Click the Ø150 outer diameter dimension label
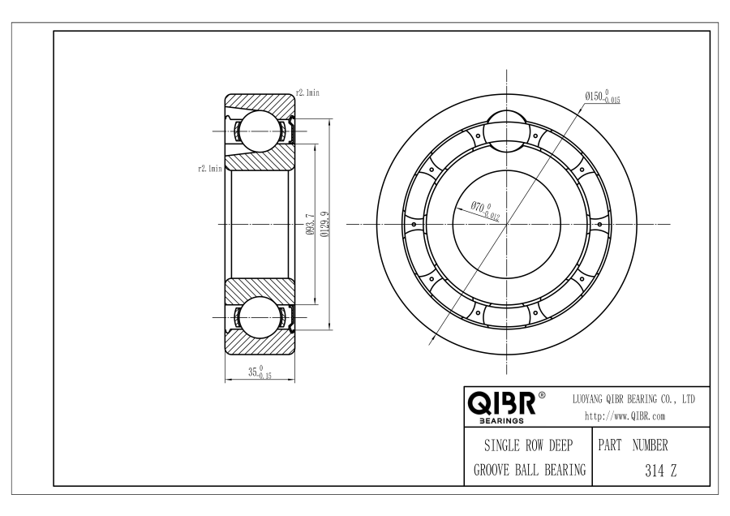click(603, 97)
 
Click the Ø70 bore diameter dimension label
click(485, 210)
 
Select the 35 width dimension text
click(260, 372)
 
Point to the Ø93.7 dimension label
click(310, 224)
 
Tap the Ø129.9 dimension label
click(325, 224)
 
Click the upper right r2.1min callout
click(307, 92)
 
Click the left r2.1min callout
click(210, 169)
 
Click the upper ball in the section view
click(260, 131)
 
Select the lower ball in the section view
click(260, 317)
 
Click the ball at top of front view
click(506, 131)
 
